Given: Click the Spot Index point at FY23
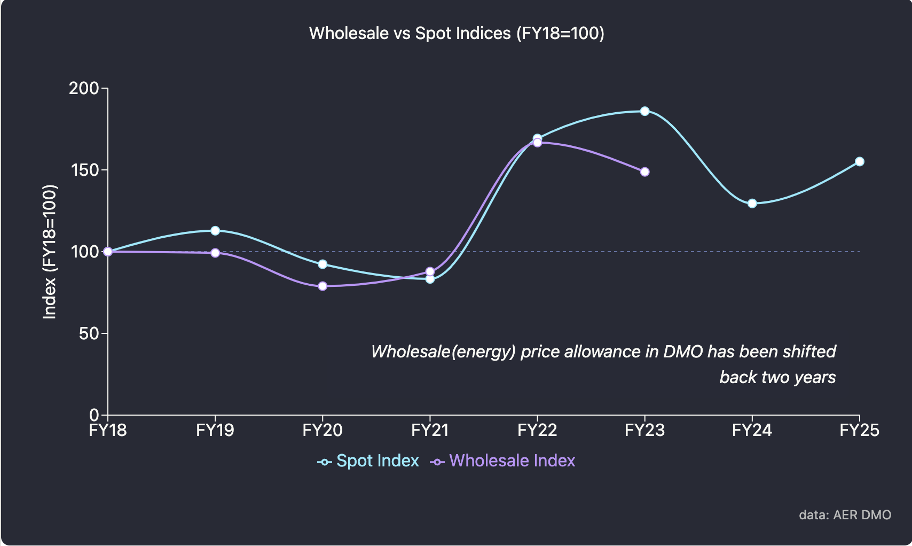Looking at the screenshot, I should pyautogui.click(x=644, y=111).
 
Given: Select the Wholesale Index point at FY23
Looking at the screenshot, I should pyautogui.click(x=644, y=172).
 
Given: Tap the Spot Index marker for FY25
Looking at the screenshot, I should pyautogui.click(x=859, y=161).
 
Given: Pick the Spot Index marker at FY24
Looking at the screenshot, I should pyautogui.click(x=752, y=204).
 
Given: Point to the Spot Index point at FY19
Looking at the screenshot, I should pyautogui.click(x=215, y=231).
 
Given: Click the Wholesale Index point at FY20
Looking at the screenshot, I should pyautogui.click(x=323, y=286).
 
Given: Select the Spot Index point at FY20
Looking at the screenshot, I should pyautogui.click(x=323, y=264).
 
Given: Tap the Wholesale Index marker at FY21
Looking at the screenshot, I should pyautogui.click(x=430, y=271).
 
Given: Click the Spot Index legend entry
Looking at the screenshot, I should pyautogui.click(x=368, y=461).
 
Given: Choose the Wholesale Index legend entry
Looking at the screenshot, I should pyautogui.click(x=503, y=461).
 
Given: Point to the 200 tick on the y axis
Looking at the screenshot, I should pyautogui.click(x=84, y=88).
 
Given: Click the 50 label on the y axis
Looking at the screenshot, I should pyautogui.click(x=89, y=334).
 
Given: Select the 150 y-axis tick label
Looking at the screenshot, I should pyautogui.click(x=84, y=170).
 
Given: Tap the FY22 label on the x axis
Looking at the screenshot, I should pyautogui.click(x=537, y=431).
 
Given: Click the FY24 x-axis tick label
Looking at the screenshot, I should pyautogui.click(x=752, y=431).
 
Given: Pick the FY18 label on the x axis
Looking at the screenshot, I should pyautogui.click(x=108, y=431).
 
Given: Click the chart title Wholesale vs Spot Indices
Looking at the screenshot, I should pyautogui.click(x=457, y=33).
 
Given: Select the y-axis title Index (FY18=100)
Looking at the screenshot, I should pyautogui.click(x=50, y=252).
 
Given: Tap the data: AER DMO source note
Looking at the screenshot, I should pyautogui.click(x=845, y=515).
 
